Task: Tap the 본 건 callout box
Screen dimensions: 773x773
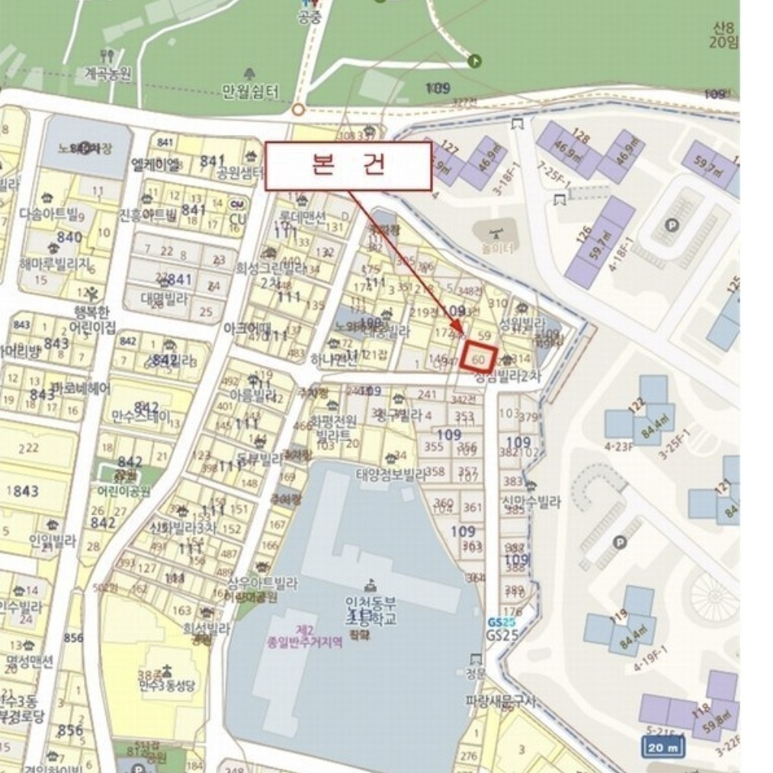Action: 348,166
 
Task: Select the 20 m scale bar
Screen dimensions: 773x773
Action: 662,746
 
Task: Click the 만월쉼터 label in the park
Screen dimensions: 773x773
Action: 250,91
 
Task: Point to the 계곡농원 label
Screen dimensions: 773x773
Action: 107,74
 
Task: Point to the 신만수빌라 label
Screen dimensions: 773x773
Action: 531,502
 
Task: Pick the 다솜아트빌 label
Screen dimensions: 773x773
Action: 50,214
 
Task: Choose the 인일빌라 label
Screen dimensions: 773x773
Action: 53,540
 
